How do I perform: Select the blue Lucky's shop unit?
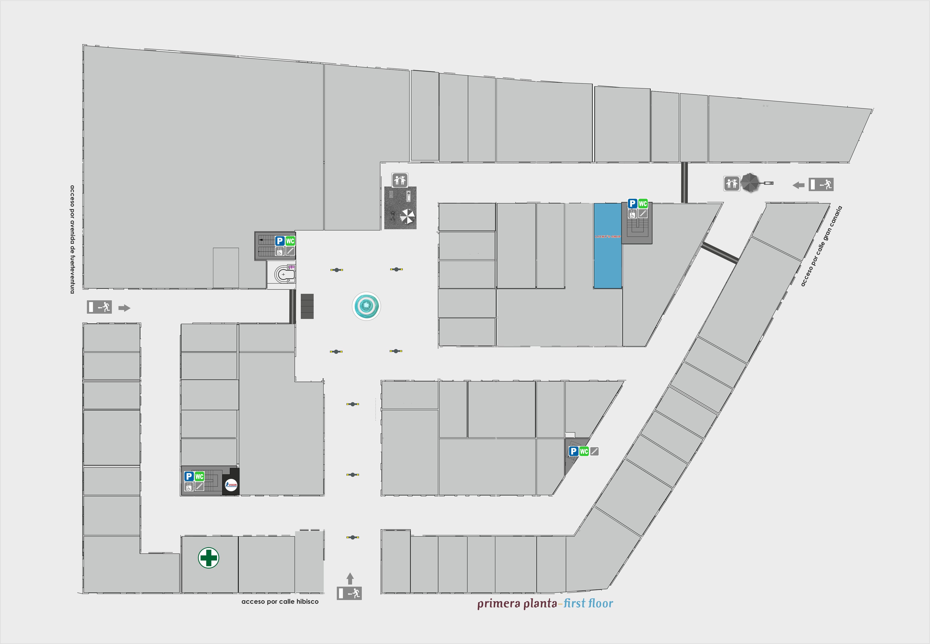(x=607, y=246)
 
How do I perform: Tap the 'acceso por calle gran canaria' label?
(x=821, y=246)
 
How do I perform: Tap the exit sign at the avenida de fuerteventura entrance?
(x=99, y=307)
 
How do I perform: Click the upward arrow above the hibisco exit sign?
(x=350, y=578)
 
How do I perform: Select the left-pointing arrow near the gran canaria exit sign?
(x=798, y=185)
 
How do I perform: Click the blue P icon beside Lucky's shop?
(x=632, y=204)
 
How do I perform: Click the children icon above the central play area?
(x=399, y=180)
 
